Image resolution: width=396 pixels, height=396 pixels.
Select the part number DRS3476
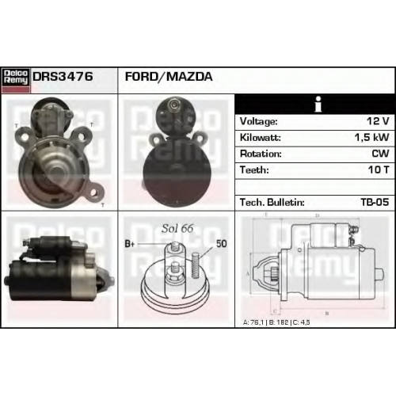(63, 77)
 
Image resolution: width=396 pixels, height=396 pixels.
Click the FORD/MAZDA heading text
(169, 77)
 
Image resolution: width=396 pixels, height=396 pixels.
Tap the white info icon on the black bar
(318, 105)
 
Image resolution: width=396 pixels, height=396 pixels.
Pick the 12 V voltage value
(378, 121)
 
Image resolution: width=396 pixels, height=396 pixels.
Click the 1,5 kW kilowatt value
(371, 137)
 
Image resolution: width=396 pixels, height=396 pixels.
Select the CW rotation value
(380, 154)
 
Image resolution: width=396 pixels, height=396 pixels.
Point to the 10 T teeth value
(379, 169)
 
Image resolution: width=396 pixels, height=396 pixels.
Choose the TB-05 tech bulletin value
(375, 202)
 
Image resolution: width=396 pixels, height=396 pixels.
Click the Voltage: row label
(259, 121)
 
